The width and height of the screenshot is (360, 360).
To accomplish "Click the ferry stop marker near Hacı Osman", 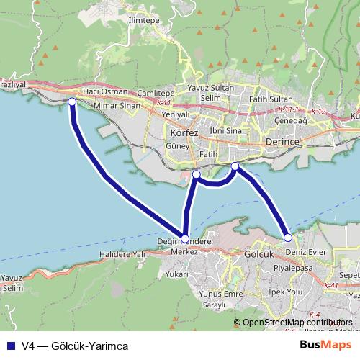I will (x=72, y=102).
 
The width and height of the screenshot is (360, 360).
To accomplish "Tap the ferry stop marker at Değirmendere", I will (x=185, y=238).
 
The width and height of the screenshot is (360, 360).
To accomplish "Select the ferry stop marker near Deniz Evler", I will (x=288, y=237).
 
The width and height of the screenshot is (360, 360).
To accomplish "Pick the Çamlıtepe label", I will (x=156, y=94).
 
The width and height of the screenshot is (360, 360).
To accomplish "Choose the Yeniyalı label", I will (x=176, y=114).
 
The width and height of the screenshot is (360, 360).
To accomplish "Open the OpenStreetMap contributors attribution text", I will (x=297, y=323).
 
